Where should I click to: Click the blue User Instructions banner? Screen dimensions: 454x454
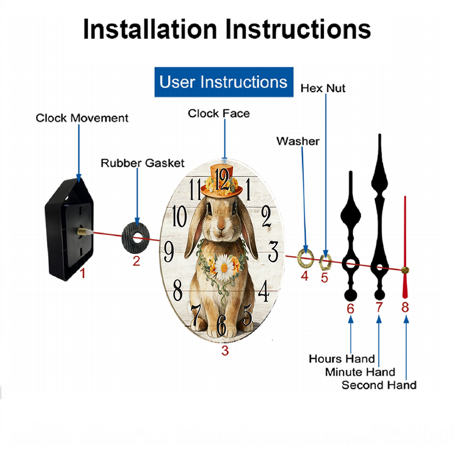click(224, 82)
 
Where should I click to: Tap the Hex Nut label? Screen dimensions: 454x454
click(323, 89)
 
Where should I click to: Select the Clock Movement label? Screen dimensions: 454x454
click(82, 118)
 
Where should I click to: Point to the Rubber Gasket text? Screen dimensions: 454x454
click(143, 163)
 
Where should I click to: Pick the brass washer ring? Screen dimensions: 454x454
click(306, 258)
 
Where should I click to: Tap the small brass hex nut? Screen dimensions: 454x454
click(325, 262)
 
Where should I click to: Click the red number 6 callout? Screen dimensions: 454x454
click(350, 309)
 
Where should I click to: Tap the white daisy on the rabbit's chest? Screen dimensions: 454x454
click(224, 267)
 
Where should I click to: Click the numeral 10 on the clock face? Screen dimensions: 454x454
click(179, 216)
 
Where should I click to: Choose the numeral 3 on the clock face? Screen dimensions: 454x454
click(273, 251)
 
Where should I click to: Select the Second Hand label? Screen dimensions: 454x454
click(379, 385)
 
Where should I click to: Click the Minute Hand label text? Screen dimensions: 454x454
click(360, 372)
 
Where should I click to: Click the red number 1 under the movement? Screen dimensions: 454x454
click(83, 273)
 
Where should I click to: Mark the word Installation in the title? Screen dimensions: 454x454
click(150, 29)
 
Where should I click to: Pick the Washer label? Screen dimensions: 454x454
click(298, 141)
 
